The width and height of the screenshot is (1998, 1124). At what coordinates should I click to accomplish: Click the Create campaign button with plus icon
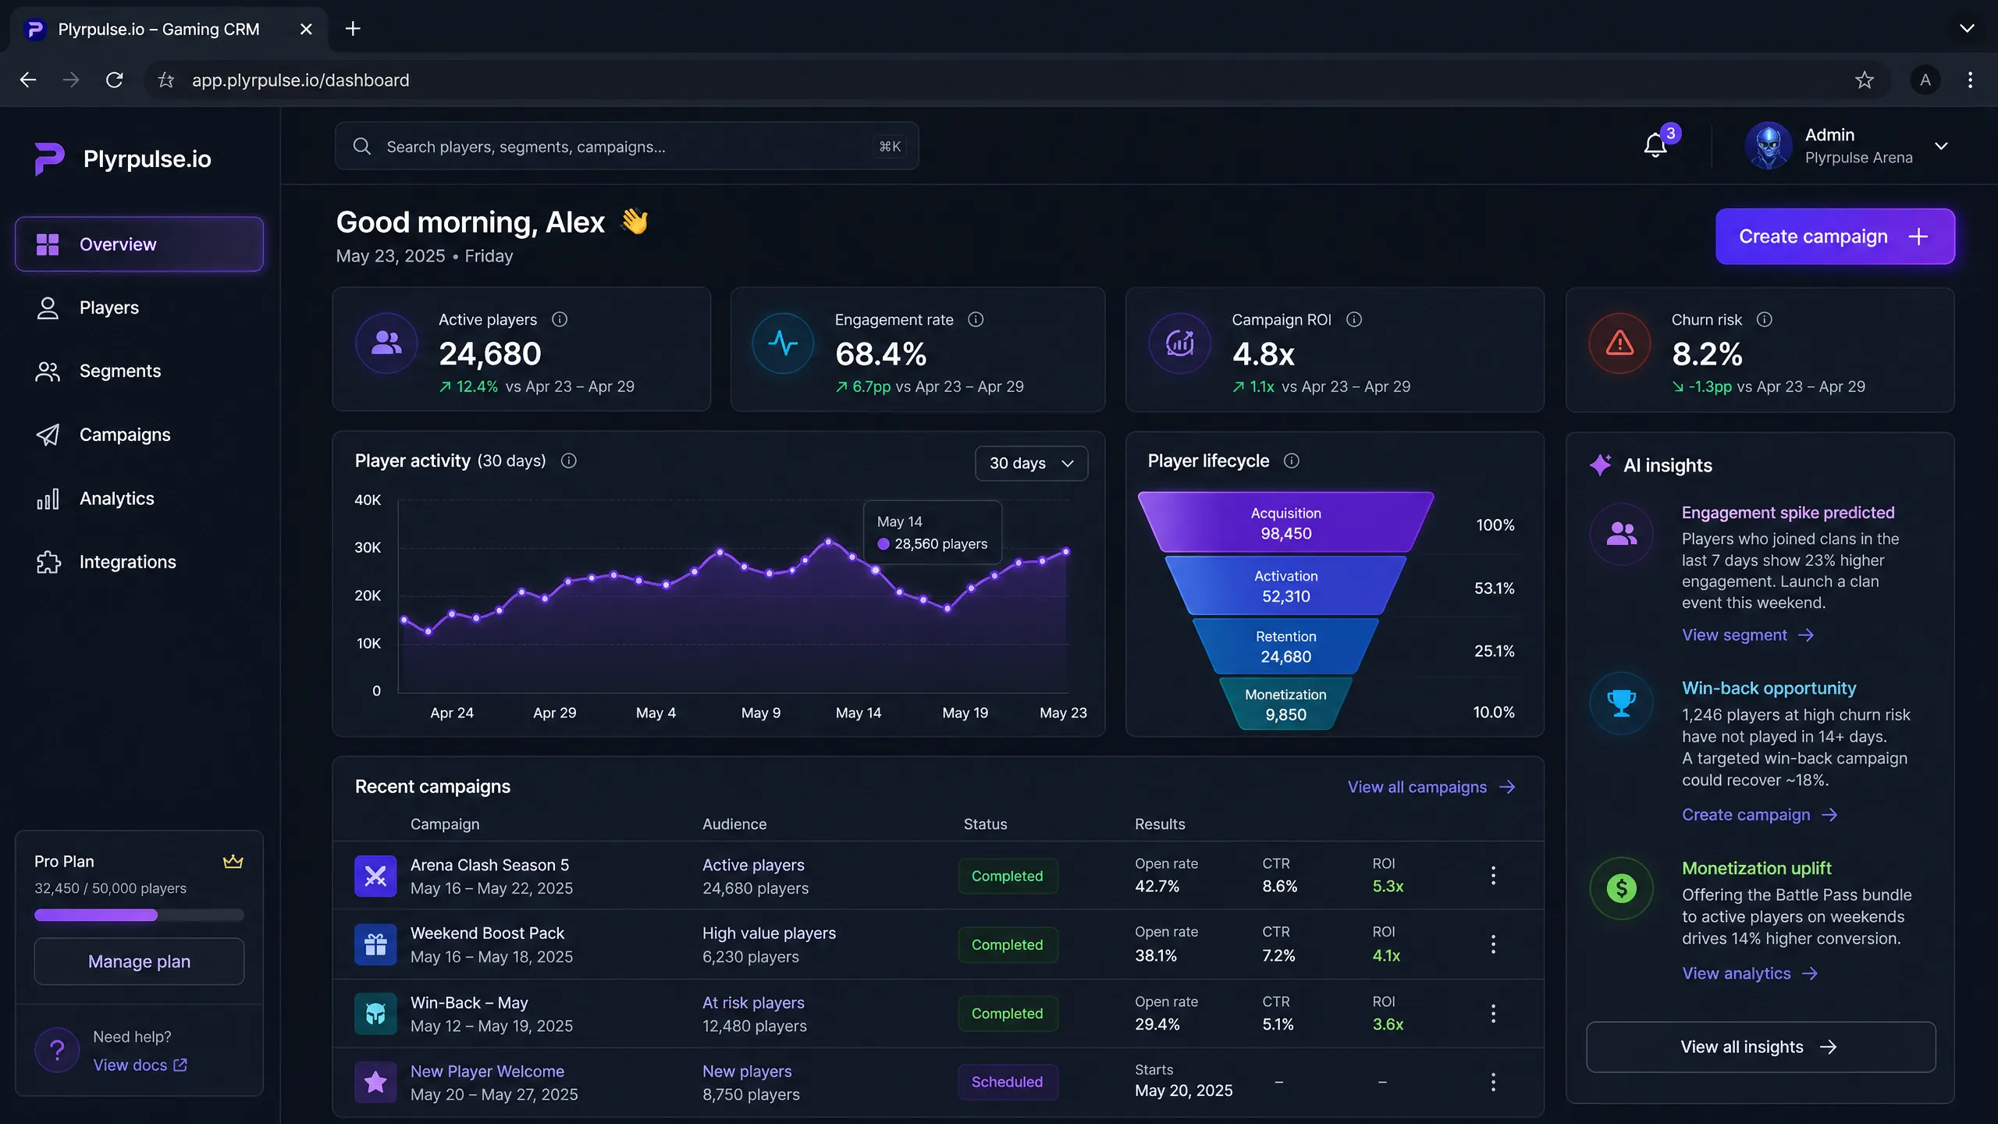pyautogui.click(x=1835, y=237)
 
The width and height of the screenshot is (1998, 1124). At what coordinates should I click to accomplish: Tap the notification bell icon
pyautogui.click(x=1655, y=146)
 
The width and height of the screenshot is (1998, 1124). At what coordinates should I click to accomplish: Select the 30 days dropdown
pyautogui.click(x=1031, y=464)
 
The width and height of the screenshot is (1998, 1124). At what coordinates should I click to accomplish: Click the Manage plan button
pyautogui.click(x=139, y=962)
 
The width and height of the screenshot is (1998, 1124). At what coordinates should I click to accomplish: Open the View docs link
pyautogui.click(x=140, y=1065)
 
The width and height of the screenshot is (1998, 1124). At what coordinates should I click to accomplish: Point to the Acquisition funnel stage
pyautogui.click(x=1285, y=523)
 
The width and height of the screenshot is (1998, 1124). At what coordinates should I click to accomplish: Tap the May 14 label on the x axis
pyautogui.click(x=858, y=713)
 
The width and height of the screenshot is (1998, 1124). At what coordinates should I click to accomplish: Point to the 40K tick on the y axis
pyautogui.click(x=368, y=500)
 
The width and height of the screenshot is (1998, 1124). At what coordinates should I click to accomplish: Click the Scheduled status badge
pyautogui.click(x=1007, y=1082)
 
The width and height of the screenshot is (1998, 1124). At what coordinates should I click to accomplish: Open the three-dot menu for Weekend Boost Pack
pyautogui.click(x=1493, y=944)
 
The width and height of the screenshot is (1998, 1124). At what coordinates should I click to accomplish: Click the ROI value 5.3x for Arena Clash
pyautogui.click(x=1388, y=887)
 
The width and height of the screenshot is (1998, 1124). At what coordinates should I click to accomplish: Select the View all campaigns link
pyautogui.click(x=1431, y=787)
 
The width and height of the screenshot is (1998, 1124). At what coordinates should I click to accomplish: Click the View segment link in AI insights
pyautogui.click(x=1747, y=635)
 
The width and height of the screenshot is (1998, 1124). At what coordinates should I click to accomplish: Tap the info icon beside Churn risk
pyautogui.click(x=1764, y=320)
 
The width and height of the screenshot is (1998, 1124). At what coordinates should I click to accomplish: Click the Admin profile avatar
pyautogui.click(x=1769, y=146)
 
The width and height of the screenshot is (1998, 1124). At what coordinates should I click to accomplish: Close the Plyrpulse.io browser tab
pyautogui.click(x=306, y=29)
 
